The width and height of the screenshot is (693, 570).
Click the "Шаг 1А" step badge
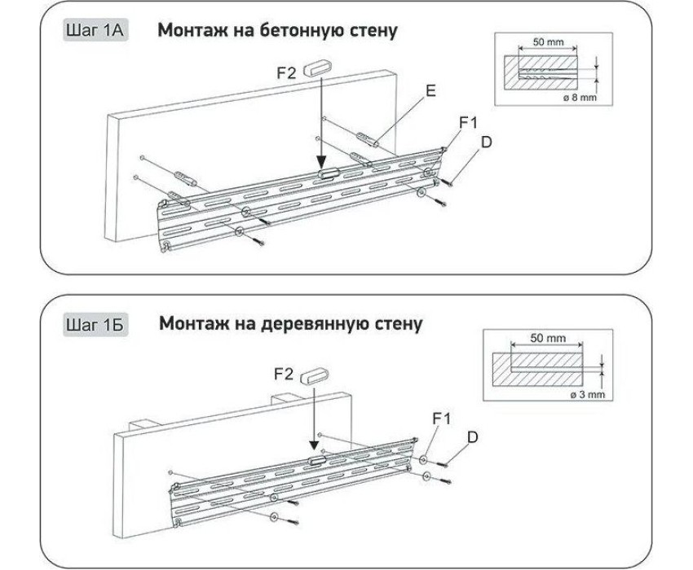[x=95, y=30]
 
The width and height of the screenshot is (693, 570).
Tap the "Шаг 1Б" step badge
[x=95, y=325]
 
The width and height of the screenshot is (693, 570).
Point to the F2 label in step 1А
[x=286, y=72]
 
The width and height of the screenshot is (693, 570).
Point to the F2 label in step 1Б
[x=284, y=375]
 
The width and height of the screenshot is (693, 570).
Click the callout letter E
[x=430, y=90]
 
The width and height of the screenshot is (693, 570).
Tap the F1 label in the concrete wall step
[x=469, y=123]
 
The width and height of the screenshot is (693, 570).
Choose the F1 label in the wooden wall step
[x=442, y=418]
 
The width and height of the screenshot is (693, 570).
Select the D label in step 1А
[x=486, y=142]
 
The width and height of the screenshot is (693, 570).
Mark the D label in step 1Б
[x=472, y=437]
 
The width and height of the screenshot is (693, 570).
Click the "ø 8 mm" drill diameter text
[x=580, y=97]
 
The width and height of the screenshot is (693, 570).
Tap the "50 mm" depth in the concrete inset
[x=549, y=42]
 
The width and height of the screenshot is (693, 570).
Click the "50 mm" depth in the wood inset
[x=548, y=338]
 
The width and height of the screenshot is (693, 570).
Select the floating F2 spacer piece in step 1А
[x=316, y=69]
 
